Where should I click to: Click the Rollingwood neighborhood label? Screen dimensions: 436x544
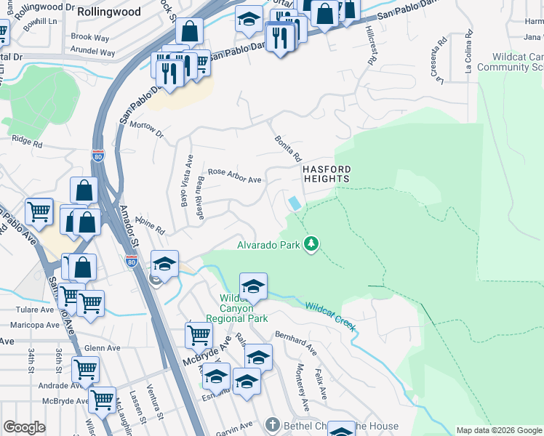click(x=109, y=12)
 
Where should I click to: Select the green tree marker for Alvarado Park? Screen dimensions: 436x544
click(x=312, y=243)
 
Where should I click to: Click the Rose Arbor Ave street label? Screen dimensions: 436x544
click(x=234, y=176)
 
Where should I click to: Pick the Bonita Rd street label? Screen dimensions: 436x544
click(x=288, y=148)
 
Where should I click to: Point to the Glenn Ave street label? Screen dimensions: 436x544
click(x=102, y=348)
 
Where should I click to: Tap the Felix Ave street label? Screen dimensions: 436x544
click(x=320, y=384)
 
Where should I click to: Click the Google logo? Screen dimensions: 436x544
click(x=24, y=427)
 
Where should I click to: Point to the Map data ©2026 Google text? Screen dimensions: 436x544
click(x=497, y=430)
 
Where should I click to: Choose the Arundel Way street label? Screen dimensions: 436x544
click(x=93, y=52)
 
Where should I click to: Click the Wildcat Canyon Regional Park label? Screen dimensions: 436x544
click(x=237, y=308)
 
